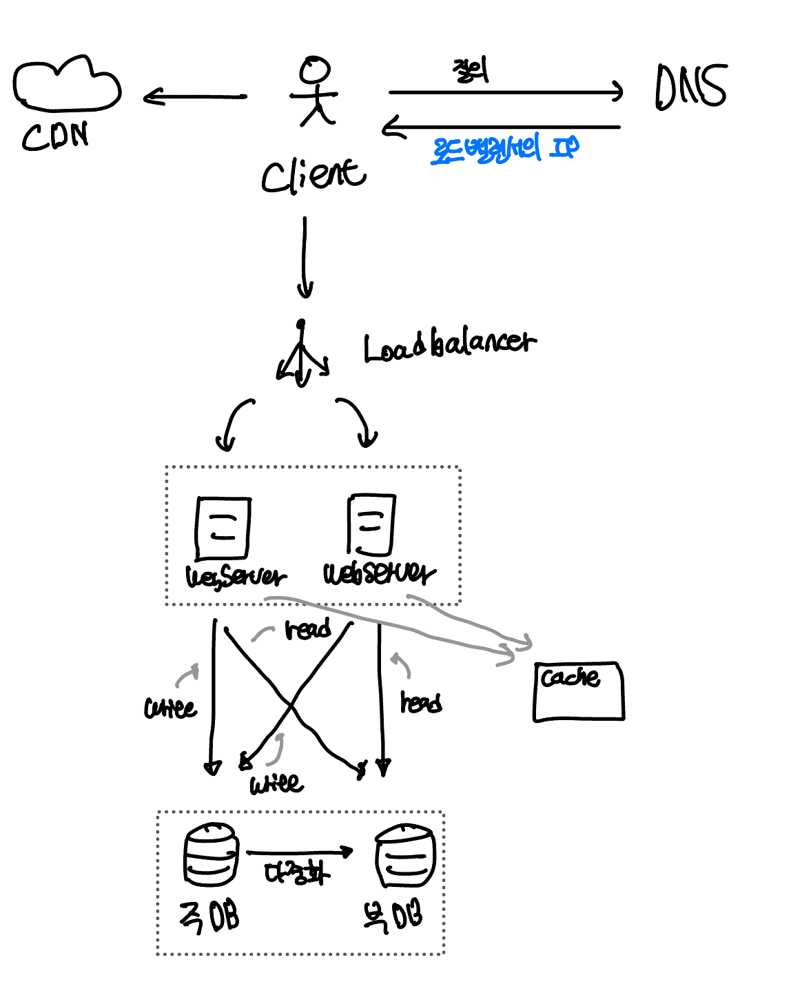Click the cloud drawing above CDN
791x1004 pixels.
67,84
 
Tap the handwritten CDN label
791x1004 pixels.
55,136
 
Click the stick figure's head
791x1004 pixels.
315,70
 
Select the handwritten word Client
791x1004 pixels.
314,175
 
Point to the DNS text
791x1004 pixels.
690,87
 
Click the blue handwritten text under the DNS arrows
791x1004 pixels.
504,150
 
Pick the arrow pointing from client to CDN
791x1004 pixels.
194,97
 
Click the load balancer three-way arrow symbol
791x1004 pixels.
302,355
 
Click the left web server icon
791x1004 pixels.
223,528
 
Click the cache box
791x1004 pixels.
579,691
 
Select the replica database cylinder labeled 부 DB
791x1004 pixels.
405,856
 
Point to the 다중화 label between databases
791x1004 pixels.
297,873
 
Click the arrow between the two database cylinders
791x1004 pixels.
299,853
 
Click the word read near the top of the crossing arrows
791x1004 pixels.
307,629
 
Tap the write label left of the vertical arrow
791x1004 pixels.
169,708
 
